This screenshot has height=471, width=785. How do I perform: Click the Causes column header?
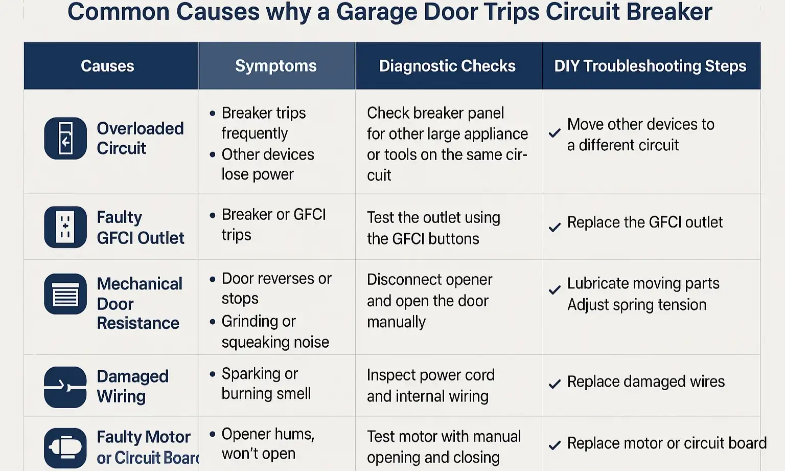click(x=107, y=66)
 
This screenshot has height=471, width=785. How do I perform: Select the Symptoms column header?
click(x=276, y=66)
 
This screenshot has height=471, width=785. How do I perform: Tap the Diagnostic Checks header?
click(x=447, y=66)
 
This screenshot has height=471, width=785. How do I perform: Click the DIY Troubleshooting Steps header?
click(x=650, y=66)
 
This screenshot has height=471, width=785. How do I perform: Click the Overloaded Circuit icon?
click(x=65, y=139)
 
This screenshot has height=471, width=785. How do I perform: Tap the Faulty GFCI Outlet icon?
click(x=65, y=227)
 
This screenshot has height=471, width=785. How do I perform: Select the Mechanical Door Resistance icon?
click(x=65, y=294)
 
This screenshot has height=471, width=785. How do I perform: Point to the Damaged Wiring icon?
click(x=65, y=387)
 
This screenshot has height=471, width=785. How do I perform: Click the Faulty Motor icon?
click(x=65, y=447)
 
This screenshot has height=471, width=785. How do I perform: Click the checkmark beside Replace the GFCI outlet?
click(x=555, y=227)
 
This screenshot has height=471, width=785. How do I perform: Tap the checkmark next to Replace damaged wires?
click(x=555, y=384)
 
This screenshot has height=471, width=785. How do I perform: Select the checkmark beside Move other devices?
click(x=555, y=133)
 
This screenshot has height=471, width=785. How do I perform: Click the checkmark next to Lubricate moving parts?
click(x=555, y=290)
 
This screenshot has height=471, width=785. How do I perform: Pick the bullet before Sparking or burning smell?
click(x=213, y=374)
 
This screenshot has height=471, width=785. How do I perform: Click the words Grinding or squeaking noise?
click(x=275, y=331)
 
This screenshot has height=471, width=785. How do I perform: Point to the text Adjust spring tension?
click(x=637, y=305)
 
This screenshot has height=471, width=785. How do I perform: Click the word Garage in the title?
click(x=376, y=12)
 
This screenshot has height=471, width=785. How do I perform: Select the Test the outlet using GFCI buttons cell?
click(x=433, y=228)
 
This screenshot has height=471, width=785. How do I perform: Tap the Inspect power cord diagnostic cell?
click(x=430, y=385)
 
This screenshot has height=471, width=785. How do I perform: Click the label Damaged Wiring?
click(x=132, y=386)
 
